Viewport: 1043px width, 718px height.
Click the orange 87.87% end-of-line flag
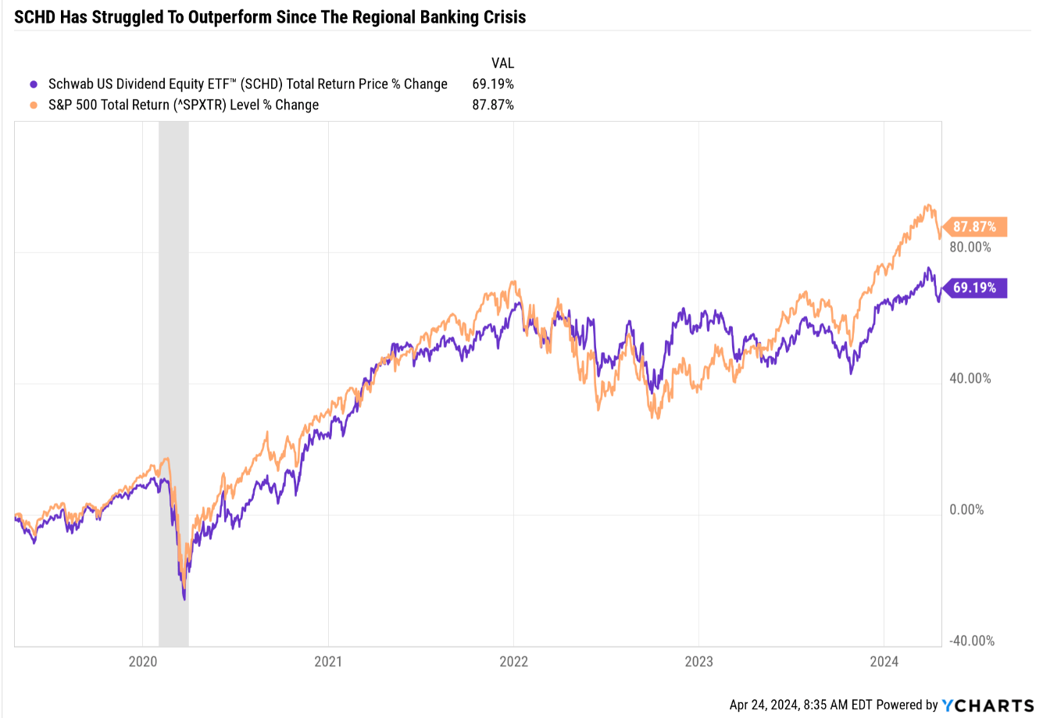click(x=975, y=227)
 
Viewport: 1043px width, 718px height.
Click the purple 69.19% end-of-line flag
click(x=975, y=288)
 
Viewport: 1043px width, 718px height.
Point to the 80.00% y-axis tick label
click(x=970, y=247)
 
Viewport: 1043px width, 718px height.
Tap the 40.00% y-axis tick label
click(x=970, y=378)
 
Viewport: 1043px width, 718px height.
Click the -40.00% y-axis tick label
click(x=971, y=641)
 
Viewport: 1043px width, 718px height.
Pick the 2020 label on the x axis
click(x=142, y=661)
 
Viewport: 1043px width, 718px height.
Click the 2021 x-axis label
click(x=328, y=661)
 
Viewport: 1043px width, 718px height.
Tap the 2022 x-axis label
click(x=513, y=661)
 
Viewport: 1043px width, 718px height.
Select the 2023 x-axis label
click(x=698, y=661)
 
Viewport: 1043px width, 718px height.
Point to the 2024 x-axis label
click(x=884, y=661)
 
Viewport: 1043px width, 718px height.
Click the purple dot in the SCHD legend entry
click(x=33, y=84)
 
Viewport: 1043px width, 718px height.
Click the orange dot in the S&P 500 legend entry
click(x=33, y=105)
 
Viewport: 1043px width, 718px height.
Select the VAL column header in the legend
click(x=502, y=63)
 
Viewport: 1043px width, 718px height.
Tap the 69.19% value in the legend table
click(x=493, y=84)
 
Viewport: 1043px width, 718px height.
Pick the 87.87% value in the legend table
click(x=493, y=105)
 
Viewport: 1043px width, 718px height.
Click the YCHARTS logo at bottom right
click(x=988, y=705)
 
